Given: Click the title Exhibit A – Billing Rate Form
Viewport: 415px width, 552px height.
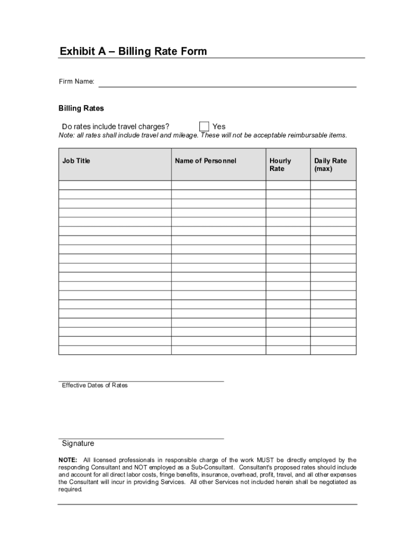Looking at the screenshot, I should click(x=133, y=52).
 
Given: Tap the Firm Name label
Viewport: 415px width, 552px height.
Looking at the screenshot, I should click(x=77, y=81).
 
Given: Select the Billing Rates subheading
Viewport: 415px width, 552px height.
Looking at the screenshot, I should click(x=81, y=108).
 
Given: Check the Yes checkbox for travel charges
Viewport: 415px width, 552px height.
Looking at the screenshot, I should click(x=204, y=127).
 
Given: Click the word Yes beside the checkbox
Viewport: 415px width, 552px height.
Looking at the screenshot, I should click(x=219, y=127).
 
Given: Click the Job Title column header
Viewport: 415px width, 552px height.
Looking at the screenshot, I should click(x=77, y=161).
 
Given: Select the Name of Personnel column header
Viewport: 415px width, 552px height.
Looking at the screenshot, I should click(x=205, y=161).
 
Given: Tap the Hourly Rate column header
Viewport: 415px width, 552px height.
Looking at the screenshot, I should click(x=280, y=164).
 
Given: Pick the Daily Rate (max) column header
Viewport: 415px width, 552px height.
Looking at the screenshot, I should click(x=330, y=164).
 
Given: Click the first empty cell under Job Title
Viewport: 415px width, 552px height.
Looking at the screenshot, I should click(x=115, y=185).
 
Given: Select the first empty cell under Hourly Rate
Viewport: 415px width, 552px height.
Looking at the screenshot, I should click(x=287, y=185).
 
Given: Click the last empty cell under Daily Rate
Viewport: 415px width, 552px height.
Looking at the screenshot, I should click(x=333, y=350).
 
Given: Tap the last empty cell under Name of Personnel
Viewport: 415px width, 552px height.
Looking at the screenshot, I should click(x=218, y=350).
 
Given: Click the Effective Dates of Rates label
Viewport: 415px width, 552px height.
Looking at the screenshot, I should click(x=95, y=385).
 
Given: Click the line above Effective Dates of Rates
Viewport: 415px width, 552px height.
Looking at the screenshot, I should click(x=141, y=381).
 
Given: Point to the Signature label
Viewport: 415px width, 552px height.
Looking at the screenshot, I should click(x=78, y=443).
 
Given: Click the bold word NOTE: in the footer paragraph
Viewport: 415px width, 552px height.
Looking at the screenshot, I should click(x=68, y=460).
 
